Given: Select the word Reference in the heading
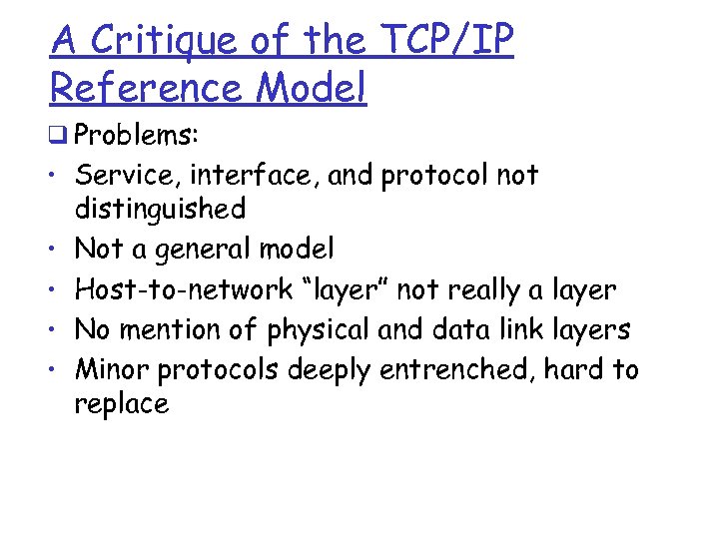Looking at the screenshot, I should coord(145,87).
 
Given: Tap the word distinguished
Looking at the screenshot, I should coord(160,209).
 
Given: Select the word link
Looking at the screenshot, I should coord(535,328).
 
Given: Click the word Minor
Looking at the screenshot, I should coord(113,369).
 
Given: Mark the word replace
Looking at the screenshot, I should coord(122,403).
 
